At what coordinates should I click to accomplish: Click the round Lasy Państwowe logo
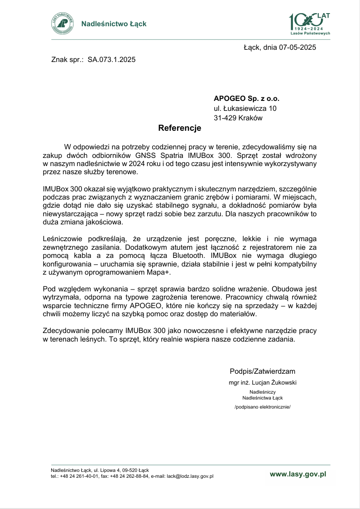62,24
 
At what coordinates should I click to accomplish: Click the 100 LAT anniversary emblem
309,24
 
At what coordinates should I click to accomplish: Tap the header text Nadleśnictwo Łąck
114,24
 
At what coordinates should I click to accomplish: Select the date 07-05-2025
298,47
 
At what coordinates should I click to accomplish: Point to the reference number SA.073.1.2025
111,59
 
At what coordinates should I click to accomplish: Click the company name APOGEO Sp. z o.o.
246,98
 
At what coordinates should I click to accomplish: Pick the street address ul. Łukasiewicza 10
245,108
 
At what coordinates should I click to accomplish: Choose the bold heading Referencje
179,128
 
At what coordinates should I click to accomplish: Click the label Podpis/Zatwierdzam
262,371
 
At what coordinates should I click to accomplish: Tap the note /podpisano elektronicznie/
262,407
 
